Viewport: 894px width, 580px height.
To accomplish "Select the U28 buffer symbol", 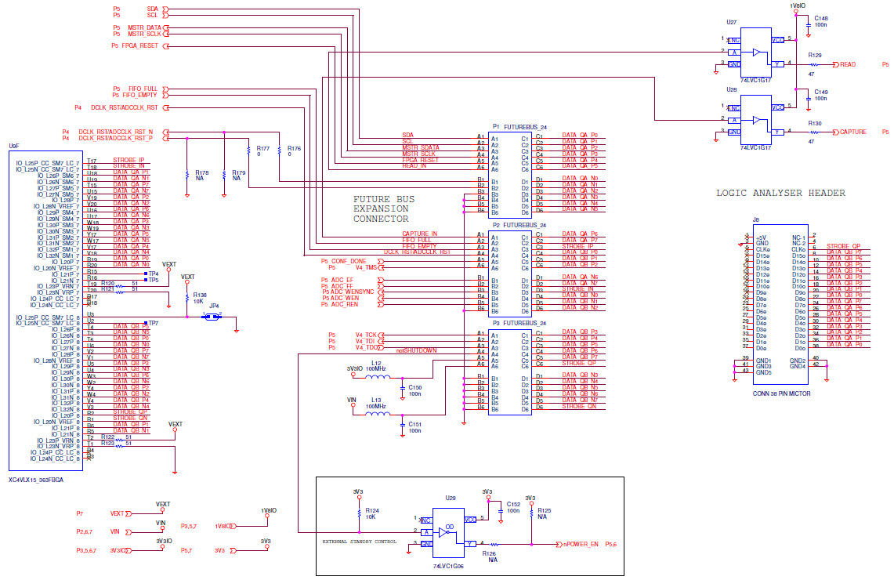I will pyautogui.click(x=756, y=120).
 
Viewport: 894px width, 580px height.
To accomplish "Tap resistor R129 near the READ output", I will pyautogui.click(x=815, y=64).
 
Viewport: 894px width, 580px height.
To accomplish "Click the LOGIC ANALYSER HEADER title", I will pyautogui.click(x=780, y=193).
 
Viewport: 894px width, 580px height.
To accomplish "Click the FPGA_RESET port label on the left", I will pyautogui.click(x=139, y=45).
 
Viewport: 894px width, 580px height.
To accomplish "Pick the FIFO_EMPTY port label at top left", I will pyautogui.click(x=139, y=95).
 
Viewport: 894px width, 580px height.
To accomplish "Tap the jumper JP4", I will pyautogui.click(x=212, y=317).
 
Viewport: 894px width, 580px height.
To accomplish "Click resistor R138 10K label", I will pyautogui.click(x=200, y=299).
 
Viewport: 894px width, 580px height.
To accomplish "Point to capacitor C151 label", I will pyautogui.click(x=414, y=426).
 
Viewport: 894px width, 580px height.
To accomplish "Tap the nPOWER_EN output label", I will pyautogui.click(x=581, y=544).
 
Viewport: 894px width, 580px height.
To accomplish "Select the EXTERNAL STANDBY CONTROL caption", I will pyautogui.click(x=359, y=541).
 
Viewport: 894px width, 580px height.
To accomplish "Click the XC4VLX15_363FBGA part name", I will pyautogui.click(x=36, y=478).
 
